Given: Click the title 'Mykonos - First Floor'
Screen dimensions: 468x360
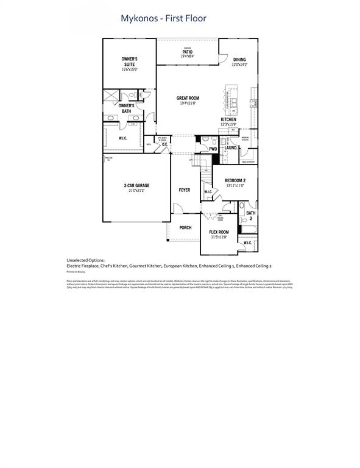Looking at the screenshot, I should pos(163,19).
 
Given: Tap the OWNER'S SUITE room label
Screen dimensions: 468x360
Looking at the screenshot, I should pos(129,61).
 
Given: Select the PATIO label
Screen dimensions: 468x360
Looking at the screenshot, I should pos(187,52).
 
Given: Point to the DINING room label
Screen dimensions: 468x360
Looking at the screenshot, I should pos(239,60).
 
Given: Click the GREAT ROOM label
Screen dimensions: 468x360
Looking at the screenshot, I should pos(188,98).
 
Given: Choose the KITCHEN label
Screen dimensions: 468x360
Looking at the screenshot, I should pos(228,119).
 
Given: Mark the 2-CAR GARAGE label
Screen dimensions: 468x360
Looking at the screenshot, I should pos(136,185).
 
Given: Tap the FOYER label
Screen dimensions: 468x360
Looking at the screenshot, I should pos(184,190).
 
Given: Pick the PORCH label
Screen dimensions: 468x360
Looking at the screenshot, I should pos(185,227).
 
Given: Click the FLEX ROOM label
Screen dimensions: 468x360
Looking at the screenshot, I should pos(219,232).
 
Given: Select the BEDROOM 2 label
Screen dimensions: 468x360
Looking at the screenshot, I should pos(235,180).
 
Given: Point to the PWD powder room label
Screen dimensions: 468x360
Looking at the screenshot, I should pos(213,149).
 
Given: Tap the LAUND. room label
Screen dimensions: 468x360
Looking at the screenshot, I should pos(230,148).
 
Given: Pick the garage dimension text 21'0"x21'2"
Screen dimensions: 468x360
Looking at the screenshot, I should pos(136,191).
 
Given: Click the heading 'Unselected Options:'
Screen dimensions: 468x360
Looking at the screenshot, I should pos(85,260).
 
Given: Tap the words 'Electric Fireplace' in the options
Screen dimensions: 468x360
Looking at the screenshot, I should pos(83,266).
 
